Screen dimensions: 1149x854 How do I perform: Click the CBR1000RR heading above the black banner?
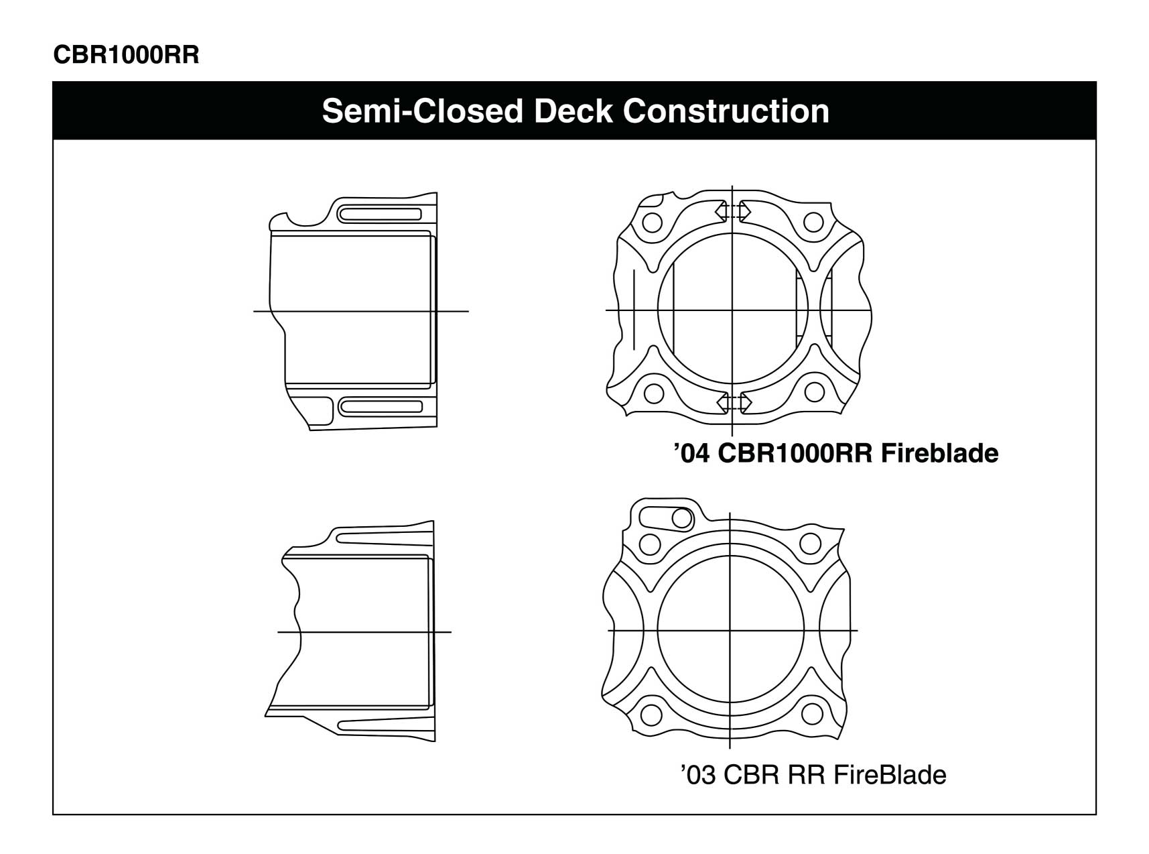pyautogui.click(x=126, y=55)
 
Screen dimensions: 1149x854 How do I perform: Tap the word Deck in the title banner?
pyautogui.click(x=573, y=111)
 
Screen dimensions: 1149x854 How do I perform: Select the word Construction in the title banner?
pyautogui.click(x=726, y=111)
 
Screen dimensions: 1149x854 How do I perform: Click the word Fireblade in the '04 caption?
pyautogui.click(x=939, y=454)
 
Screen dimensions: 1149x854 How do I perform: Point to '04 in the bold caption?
pyautogui.click(x=691, y=454)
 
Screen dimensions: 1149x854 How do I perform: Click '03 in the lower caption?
pyautogui.click(x=697, y=775)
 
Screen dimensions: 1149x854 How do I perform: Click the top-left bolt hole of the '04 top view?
pyautogui.click(x=650, y=222)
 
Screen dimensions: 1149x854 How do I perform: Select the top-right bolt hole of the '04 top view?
pyautogui.click(x=813, y=222)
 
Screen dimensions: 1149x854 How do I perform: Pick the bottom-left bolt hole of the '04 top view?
pyautogui.click(x=654, y=392)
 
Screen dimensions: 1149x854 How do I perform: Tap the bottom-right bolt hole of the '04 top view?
pyautogui.click(x=814, y=391)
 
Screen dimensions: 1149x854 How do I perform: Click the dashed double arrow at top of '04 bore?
pyautogui.click(x=733, y=211)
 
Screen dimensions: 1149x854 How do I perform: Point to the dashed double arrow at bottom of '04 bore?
pyautogui.click(x=734, y=402)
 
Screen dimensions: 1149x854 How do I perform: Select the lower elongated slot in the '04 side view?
pyautogui.click(x=381, y=406)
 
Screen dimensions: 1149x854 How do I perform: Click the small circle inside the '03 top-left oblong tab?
pyautogui.click(x=682, y=518)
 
